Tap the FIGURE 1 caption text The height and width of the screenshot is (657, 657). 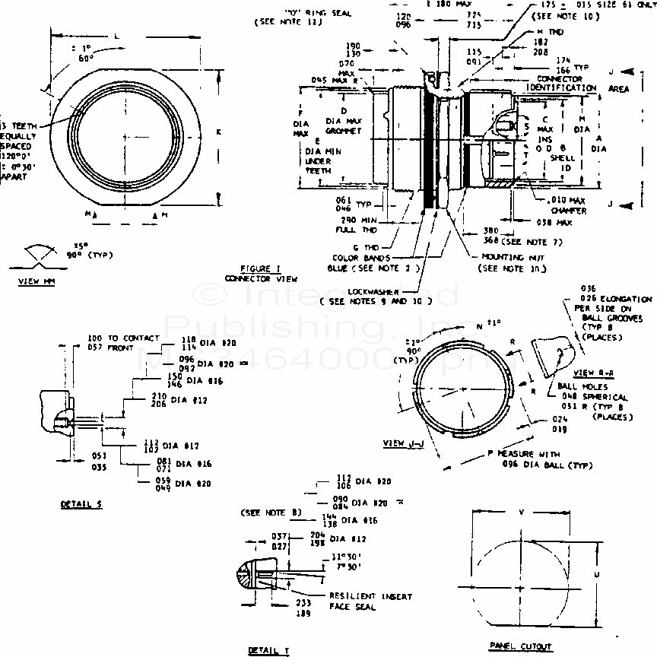click(x=260, y=269)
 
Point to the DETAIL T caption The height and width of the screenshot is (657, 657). click(x=268, y=651)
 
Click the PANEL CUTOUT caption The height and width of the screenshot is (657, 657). click(x=520, y=646)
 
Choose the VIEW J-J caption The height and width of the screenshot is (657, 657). click(x=405, y=443)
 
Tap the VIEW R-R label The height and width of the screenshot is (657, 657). click(x=592, y=373)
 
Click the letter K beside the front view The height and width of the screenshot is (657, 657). click(x=217, y=132)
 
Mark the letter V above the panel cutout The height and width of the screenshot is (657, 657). click(x=521, y=513)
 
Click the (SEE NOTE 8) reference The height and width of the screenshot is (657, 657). click(x=271, y=513)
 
